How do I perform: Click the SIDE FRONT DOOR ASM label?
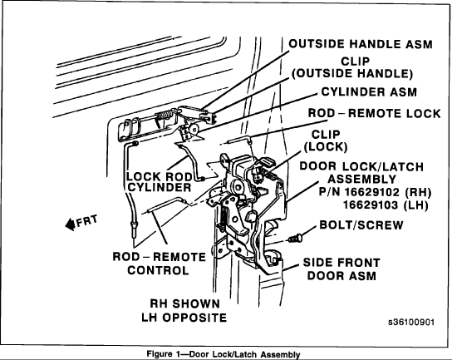(349, 269)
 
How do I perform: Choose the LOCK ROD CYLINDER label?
(160, 182)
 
